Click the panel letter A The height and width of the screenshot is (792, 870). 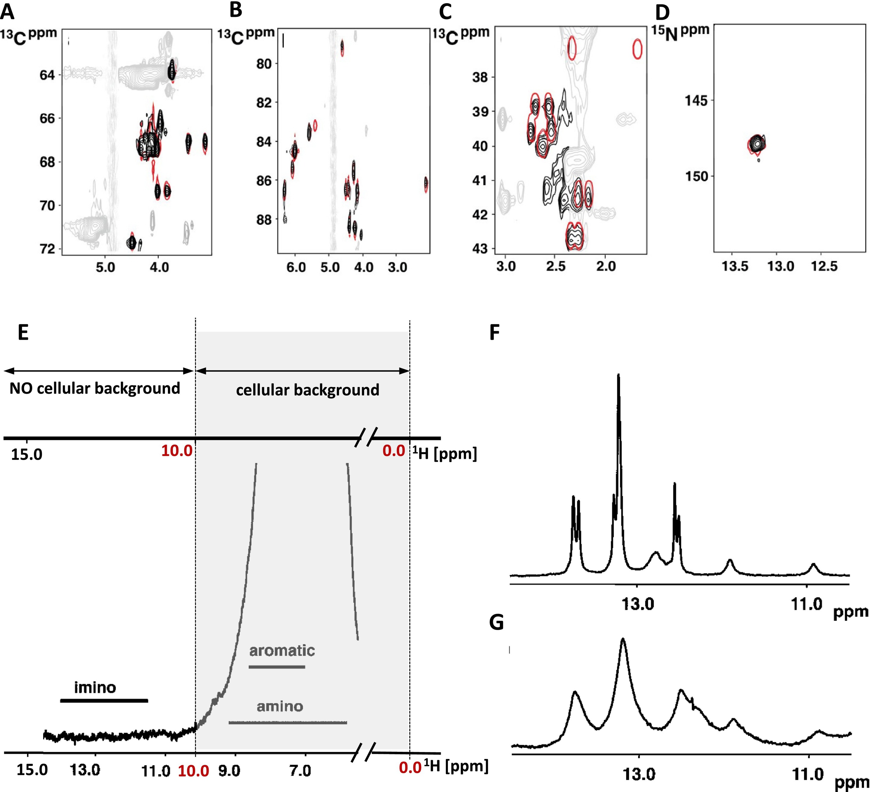[7, 12]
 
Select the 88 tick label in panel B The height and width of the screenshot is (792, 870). [264, 220]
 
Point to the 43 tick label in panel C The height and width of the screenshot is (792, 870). [480, 249]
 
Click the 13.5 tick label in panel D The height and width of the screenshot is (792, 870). [735, 266]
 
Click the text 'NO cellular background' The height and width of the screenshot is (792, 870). [95, 389]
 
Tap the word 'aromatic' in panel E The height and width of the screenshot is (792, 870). [282, 651]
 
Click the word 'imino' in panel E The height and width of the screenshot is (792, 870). [95, 687]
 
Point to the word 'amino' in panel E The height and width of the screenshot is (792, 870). [280, 707]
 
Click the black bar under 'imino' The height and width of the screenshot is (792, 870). [104, 701]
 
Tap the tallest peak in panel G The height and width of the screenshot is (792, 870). [623, 639]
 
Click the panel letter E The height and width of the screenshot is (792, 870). [23, 333]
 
